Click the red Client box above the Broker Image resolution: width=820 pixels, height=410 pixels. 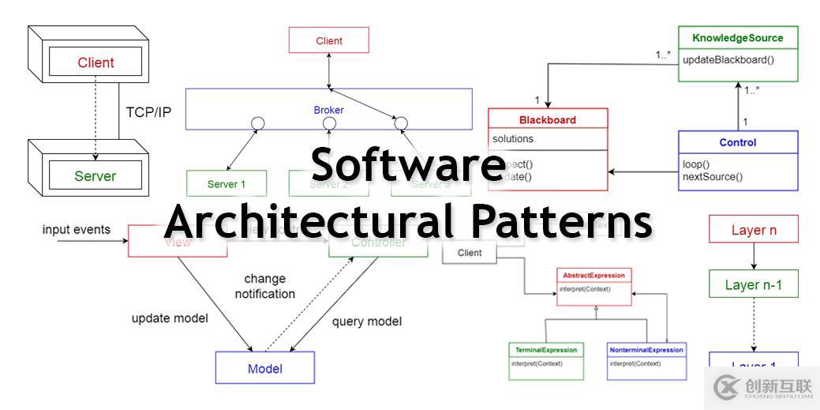pyautogui.click(x=329, y=40)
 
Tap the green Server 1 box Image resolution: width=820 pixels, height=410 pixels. pyautogui.click(x=227, y=184)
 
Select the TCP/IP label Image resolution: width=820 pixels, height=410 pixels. pyautogui.click(x=148, y=112)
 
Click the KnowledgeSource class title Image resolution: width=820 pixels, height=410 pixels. pyautogui.click(x=737, y=38)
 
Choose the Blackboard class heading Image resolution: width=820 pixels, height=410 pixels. pyautogui.click(x=548, y=120)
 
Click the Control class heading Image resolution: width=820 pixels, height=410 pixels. pyautogui.click(x=737, y=143)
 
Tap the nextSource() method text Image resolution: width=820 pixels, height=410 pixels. pyautogui.click(x=712, y=176)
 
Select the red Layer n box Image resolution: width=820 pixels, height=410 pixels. pyautogui.click(x=754, y=231)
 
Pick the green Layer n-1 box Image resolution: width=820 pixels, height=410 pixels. pyautogui.click(x=754, y=285)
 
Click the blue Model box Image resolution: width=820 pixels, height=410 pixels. pyautogui.click(x=265, y=368)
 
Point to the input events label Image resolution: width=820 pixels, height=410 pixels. pyautogui.click(x=77, y=230)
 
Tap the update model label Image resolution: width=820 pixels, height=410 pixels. pyautogui.click(x=170, y=318)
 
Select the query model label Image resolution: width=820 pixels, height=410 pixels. pyautogui.click(x=366, y=322)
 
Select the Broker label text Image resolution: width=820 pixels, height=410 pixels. pyautogui.click(x=328, y=110)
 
